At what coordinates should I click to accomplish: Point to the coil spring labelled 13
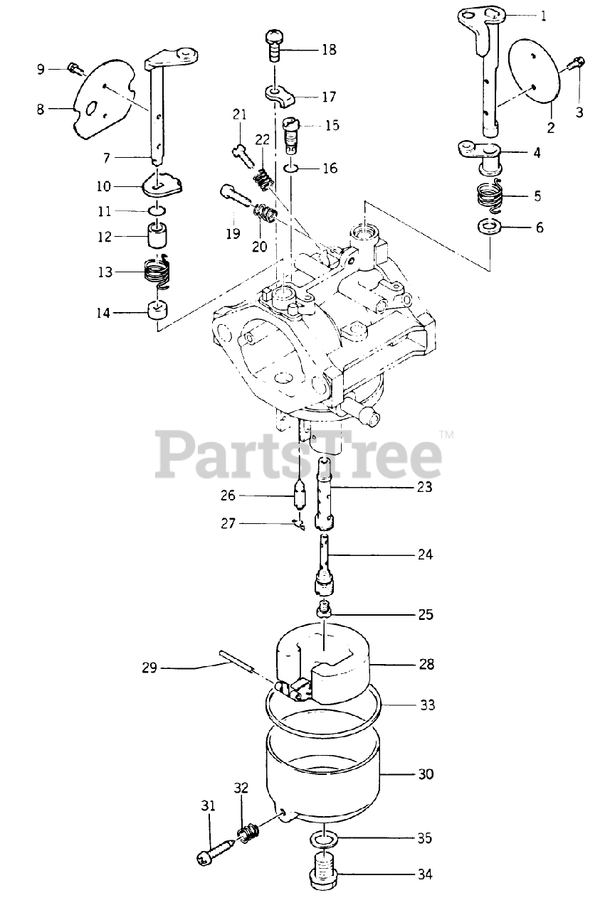[x=160, y=271]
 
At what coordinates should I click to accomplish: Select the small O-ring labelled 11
[x=158, y=211]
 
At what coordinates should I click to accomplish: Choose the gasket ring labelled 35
[x=324, y=839]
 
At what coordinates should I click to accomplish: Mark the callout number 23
[x=426, y=488]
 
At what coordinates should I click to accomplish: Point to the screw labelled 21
[x=241, y=150]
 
